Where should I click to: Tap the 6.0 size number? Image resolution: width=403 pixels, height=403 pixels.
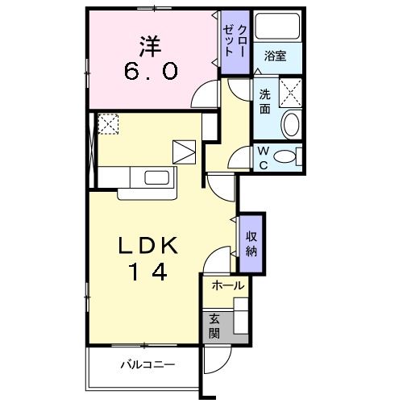[x=150, y=73]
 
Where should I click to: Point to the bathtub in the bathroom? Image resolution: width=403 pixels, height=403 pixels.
[x=277, y=31]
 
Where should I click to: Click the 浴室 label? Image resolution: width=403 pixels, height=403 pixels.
[x=276, y=56]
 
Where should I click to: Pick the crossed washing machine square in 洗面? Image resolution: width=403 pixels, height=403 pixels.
[x=289, y=90]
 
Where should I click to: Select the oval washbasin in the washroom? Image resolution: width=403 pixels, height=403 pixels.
[x=290, y=124]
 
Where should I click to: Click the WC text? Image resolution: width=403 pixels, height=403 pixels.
[x=264, y=156]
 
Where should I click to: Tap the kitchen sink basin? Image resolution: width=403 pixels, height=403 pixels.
[x=156, y=177]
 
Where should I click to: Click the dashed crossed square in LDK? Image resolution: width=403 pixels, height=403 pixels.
[x=108, y=123]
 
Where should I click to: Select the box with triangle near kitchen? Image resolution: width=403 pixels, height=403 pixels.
[x=185, y=152]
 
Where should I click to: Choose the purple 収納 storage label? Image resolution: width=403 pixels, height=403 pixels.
[x=251, y=239]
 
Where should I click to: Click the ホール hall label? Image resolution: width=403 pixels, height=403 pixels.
[x=227, y=285]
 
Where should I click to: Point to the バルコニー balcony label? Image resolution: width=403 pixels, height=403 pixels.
[x=148, y=364]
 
